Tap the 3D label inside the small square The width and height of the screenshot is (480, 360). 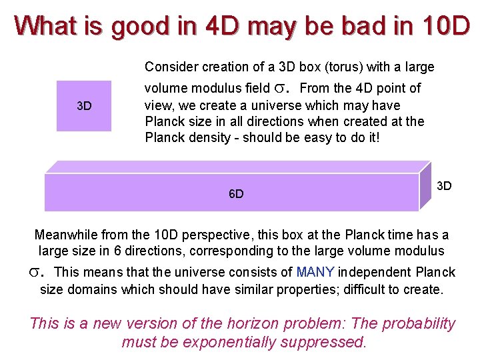click(x=84, y=106)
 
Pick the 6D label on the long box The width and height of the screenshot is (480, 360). click(x=236, y=194)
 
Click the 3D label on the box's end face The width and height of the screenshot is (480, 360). click(x=443, y=185)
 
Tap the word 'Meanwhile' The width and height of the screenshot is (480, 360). click(x=65, y=235)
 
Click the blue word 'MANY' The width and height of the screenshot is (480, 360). click(x=315, y=272)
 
